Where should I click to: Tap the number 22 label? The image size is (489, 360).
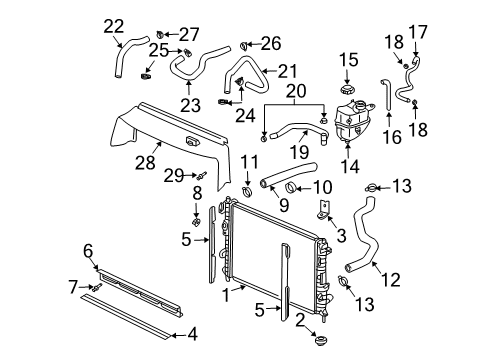point(114,25)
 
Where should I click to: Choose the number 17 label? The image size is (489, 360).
point(417,31)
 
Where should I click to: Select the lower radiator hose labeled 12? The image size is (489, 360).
point(362,235)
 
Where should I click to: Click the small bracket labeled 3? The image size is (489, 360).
point(321,209)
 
